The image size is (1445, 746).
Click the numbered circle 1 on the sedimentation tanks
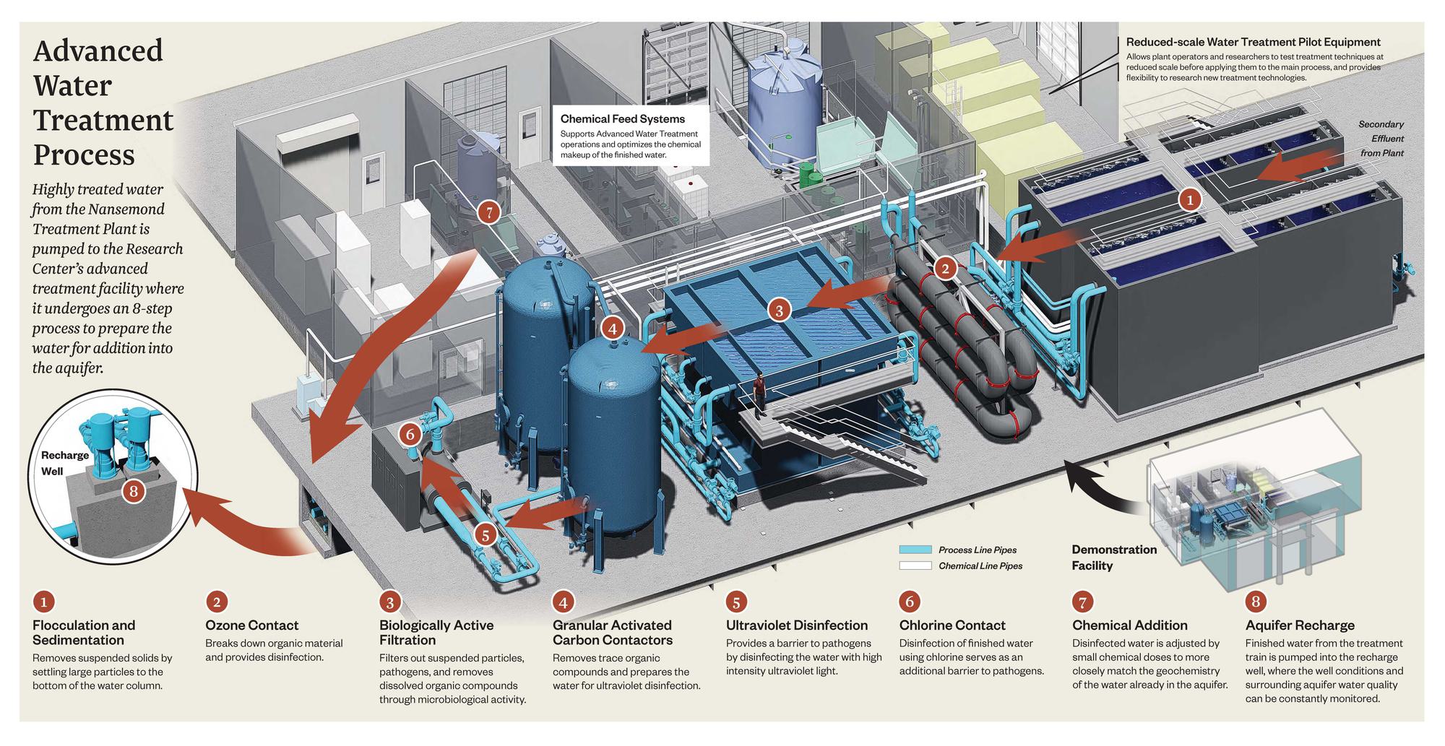click(x=1189, y=199)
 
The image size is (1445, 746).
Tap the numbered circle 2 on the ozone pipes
click(x=944, y=269)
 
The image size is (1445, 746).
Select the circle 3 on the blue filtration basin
click(x=779, y=311)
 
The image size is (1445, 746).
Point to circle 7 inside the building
click(x=489, y=212)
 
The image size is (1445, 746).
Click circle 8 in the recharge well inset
click(x=134, y=492)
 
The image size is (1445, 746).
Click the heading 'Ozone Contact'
click(x=251, y=625)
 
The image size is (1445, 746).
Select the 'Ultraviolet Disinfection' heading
click(x=796, y=625)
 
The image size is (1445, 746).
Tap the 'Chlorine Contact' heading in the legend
click(x=952, y=625)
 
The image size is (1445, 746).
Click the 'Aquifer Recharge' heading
click(x=1300, y=625)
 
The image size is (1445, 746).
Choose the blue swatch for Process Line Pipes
click(x=915, y=550)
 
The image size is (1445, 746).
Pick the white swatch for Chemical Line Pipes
click(x=915, y=565)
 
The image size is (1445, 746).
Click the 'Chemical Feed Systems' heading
click(x=622, y=119)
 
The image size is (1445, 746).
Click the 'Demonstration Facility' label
click(x=1113, y=558)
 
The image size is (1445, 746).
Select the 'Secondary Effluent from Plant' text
click(x=1381, y=139)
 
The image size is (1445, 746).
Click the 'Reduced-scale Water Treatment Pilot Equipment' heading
click(x=1253, y=43)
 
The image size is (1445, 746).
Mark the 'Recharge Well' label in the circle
click(x=64, y=463)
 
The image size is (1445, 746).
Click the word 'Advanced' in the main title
click(x=98, y=51)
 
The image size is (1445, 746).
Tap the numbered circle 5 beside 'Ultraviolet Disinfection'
click(x=736, y=602)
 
